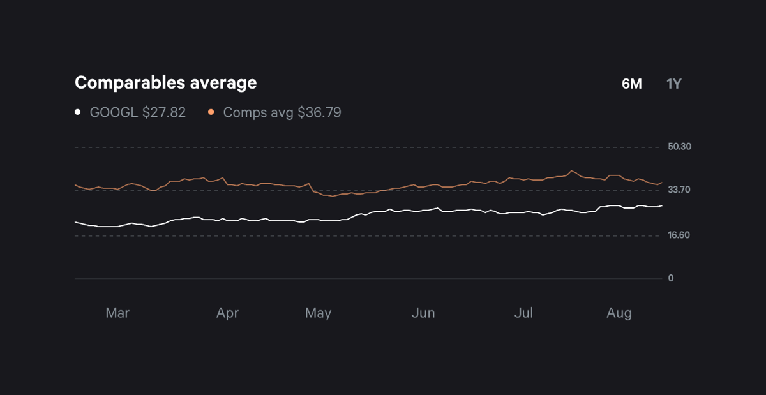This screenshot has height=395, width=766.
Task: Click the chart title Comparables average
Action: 165,83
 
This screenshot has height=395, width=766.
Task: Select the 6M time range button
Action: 631,84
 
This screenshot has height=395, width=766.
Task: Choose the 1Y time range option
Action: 674,84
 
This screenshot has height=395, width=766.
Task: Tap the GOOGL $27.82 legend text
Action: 138,113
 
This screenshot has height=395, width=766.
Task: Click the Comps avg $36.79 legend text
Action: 282,113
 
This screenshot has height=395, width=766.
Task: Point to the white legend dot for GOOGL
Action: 78,112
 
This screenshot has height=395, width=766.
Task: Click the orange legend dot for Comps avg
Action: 211,112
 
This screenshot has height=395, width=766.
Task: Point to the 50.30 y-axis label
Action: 680,147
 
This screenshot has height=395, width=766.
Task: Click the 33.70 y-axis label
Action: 679,190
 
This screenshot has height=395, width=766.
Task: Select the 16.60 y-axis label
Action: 679,235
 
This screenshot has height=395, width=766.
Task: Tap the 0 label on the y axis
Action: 671,279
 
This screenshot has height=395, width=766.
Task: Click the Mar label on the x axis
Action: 117,313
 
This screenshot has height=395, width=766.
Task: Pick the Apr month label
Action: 227,313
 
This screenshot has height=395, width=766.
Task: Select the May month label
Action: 318,313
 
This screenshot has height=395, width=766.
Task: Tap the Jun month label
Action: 423,313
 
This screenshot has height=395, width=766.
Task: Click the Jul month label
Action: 523,313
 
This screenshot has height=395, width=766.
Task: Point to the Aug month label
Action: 619,313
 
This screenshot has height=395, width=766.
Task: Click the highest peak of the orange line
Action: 571,170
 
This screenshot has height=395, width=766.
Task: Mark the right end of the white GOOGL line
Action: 662,205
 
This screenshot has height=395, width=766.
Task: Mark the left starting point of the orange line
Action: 75,185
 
